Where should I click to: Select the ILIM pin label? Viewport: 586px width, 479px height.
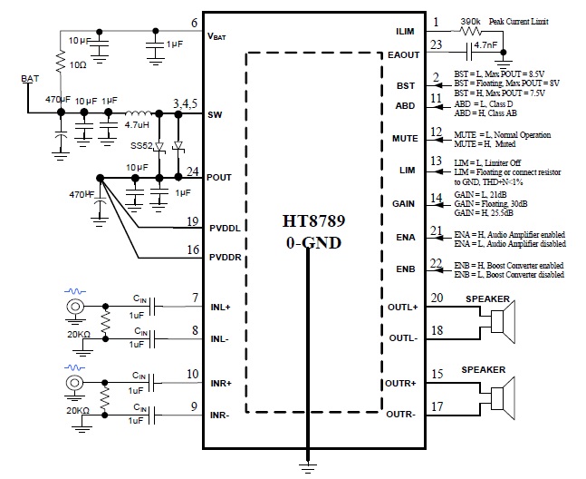click(x=403, y=31)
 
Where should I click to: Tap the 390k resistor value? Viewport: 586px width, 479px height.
click(x=470, y=19)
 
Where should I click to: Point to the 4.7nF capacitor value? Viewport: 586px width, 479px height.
click(x=493, y=43)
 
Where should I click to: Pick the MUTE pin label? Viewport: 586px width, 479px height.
click(x=403, y=139)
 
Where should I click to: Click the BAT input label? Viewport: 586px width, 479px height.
click(x=30, y=80)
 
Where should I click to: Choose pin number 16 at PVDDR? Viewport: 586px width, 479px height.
click(x=193, y=249)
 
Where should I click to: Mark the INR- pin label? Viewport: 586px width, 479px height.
click(x=220, y=415)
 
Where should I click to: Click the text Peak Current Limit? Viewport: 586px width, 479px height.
click(x=518, y=20)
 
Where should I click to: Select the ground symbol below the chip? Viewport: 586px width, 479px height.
click(x=308, y=465)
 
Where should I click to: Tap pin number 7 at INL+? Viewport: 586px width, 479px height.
click(x=194, y=298)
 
